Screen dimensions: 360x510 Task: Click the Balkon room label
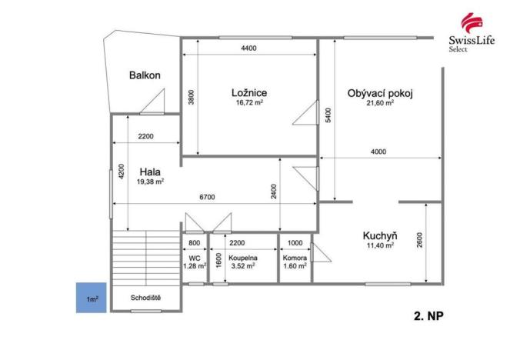pyautogui.click(x=145, y=75)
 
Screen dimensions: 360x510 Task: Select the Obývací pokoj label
pyautogui.click(x=380, y=93)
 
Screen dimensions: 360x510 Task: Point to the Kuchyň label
pyautogui.click(x=379, y=235)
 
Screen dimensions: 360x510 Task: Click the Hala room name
pyautogui.click(x=150, y=172)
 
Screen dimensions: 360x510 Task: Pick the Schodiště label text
pyautogui.click(x=145, y=296)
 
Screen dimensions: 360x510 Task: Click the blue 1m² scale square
pyautogui.click(x=90, y=297)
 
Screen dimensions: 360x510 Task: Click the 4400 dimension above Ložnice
pyautogui.click(x=248, y=48)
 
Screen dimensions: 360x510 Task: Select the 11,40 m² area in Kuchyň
pyautogui.click(x=379, y=245)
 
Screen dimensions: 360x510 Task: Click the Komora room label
pyautogui.click(x=295, y=258)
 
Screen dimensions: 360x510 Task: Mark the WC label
pyautogui.click(x=195, y=257)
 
